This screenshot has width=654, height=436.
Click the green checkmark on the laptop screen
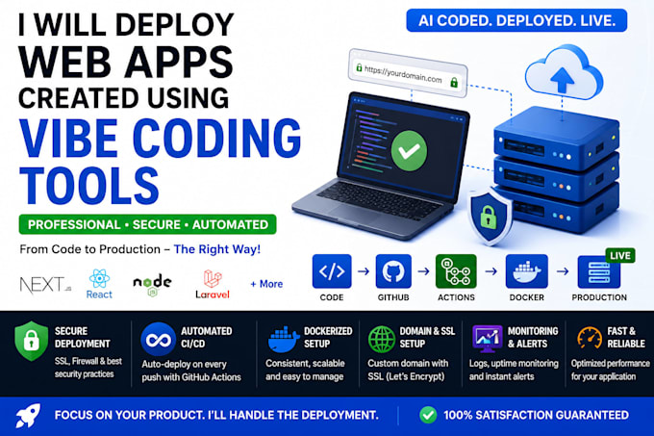pos(409,150)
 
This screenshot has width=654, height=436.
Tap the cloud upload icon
pos(564,74)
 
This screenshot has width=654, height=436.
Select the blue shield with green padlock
pos(490,217)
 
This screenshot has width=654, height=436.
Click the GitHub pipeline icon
pos(393,271)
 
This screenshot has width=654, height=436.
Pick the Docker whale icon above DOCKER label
pos(526,271)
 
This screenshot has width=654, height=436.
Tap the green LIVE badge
pos(620,255)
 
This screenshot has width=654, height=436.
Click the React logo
pos(99,284)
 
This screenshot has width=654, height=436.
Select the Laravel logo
pos(213,284)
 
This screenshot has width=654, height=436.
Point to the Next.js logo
pos(45,285)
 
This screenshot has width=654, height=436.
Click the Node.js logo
pos(152,285)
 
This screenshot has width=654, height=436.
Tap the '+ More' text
pos(266,284)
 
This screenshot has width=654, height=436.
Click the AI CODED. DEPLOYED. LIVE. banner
pos(516,20)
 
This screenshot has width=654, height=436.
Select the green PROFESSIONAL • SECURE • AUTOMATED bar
pos(148,224)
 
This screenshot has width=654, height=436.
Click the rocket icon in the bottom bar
pos(28,415)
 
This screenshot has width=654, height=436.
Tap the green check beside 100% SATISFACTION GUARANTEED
pos(428,415)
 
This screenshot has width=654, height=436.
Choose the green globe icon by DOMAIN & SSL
pos(381,339)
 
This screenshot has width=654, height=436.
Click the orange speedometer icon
pos(590,338)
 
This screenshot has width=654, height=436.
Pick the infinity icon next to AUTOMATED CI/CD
pos(158,339)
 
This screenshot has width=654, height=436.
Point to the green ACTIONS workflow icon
pos(456,271)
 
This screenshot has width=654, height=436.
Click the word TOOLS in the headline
pos(89,185)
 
